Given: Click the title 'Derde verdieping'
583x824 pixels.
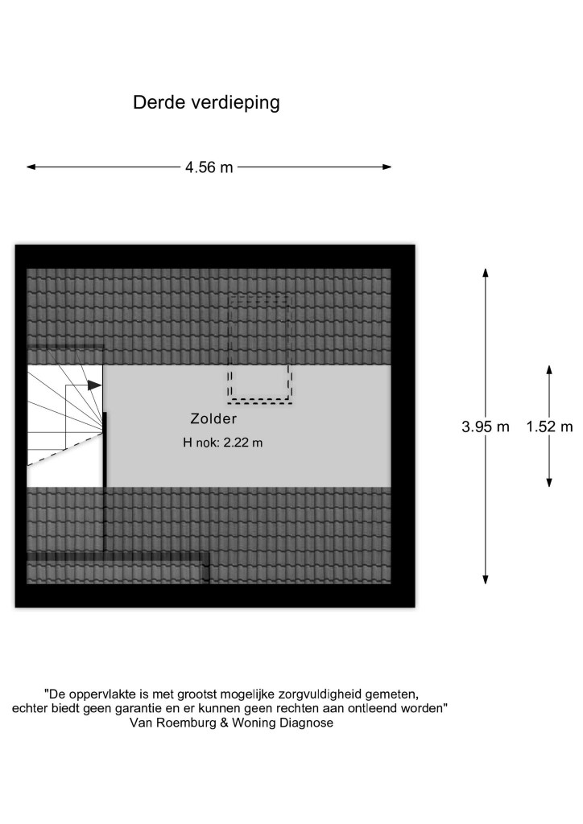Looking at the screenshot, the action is coord(206,103).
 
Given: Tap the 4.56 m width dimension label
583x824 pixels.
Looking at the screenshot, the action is coord(209,167).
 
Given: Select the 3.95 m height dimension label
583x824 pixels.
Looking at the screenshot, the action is coord(486,426).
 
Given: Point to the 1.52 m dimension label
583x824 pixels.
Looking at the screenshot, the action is coord(549,426).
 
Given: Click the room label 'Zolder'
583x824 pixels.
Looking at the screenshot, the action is coord(213,418).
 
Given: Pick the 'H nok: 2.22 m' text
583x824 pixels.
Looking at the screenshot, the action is coord(222,443).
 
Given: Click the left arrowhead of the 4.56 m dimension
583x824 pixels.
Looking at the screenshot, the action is coord(31,167).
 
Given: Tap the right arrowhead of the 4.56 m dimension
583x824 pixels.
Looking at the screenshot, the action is coord(387,167).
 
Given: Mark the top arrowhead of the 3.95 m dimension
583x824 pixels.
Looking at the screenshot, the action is coord(486,273).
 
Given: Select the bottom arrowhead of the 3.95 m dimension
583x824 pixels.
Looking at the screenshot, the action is coord(486,579).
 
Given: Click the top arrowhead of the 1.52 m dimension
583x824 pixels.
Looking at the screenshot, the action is coord(549,370).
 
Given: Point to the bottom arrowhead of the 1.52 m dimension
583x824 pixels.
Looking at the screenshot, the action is coord(549,482).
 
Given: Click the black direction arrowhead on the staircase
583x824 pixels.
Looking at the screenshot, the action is coord(95,385).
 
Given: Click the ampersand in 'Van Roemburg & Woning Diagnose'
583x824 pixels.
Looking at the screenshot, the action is coord(223,723).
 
